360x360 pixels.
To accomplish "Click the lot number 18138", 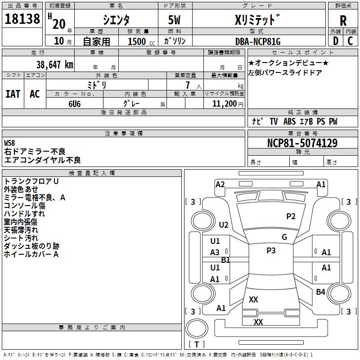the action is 22,19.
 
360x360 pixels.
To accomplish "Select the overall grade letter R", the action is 343,21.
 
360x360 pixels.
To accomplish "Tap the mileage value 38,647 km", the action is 55,64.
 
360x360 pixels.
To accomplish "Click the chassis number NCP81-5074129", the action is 302,143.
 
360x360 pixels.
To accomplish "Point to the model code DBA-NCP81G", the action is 258,41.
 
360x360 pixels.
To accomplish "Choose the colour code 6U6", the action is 74,104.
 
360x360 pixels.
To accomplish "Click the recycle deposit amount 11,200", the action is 225,104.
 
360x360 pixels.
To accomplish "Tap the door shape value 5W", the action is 174,20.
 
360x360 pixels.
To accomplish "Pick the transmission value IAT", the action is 13,94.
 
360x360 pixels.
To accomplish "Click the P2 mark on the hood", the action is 291,216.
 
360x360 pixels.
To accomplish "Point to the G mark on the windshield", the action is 284,237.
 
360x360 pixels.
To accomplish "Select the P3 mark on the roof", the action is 271,251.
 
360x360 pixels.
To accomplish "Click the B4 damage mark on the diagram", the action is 320,292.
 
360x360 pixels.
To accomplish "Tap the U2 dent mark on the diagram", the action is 224,225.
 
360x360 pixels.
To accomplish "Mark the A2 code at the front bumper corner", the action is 220,184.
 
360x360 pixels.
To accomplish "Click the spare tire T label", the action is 197,344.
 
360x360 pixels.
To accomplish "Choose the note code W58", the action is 9,143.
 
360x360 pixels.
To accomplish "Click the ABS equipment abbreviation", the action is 289,121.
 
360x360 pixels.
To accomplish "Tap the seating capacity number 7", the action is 188,85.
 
